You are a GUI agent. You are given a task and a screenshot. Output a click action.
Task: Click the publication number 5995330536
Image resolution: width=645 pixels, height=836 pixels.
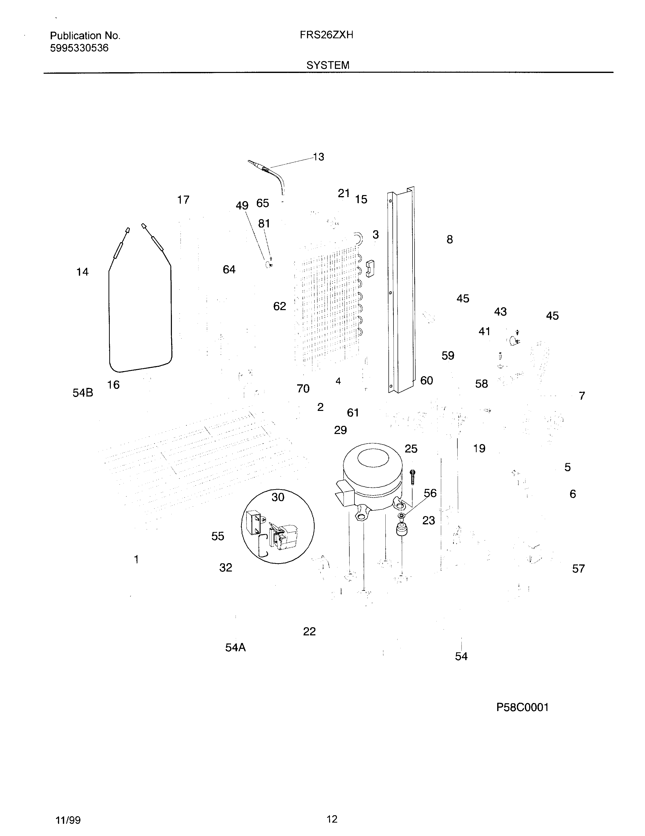click(79, 48)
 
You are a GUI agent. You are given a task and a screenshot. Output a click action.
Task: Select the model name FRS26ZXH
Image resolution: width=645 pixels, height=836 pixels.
click(326, 35)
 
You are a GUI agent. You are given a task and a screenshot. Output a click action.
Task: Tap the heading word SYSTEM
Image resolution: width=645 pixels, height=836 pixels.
click(328, 65)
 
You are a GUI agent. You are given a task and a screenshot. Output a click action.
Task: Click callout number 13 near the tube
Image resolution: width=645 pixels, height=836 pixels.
click(318, 157)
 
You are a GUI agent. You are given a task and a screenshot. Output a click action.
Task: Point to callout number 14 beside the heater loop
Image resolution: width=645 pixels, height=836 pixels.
click(82, 272)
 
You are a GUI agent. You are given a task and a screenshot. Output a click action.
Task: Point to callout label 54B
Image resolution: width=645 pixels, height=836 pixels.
click(83, 393)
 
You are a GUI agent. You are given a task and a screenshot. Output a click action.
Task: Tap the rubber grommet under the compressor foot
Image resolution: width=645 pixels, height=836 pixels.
click(401, 530)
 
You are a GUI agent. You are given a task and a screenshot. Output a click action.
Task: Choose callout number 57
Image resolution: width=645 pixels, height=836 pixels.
click(578, 569)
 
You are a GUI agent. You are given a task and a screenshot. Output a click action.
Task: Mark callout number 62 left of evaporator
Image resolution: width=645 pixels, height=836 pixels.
click(280, 306)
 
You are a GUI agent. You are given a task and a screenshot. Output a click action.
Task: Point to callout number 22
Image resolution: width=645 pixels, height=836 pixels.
click(309, 631)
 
